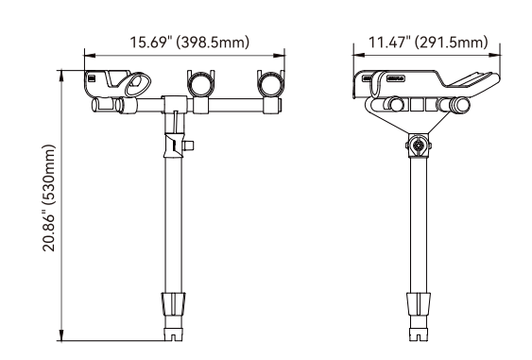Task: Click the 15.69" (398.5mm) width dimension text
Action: click(x=190, y=43)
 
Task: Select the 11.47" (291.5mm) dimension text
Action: click(x=428, y=43)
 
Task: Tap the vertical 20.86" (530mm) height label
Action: click(x=48, y=197)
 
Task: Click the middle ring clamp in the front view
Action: click(x=201, y=83)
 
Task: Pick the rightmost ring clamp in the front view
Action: click(x=270, y=83)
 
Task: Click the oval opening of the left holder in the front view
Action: click(x=137, y=83)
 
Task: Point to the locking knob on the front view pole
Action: click(x=188, y=146)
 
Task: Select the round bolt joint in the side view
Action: click(x=419, y=146)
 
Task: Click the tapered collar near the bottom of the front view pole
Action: click(x=174, y=304)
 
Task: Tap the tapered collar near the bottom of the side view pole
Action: click(x=419, y=304)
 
